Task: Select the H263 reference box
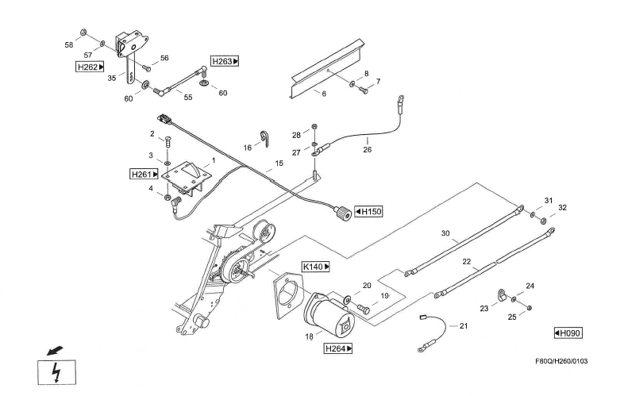[x=225, y=60]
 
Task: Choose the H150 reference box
[x=368, y=211]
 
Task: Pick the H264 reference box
[x=338, y=348]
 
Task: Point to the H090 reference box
[x=568, y=333]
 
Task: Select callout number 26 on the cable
[x=368, y=148]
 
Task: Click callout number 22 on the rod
[x=468, y=261]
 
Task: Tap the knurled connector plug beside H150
[x=342, y=212]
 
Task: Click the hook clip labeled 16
[x=264, y=139]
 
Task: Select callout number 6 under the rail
[x=323, y=93]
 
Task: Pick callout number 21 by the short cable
[x=464, y=326]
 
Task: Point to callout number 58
[x=69, y=44]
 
